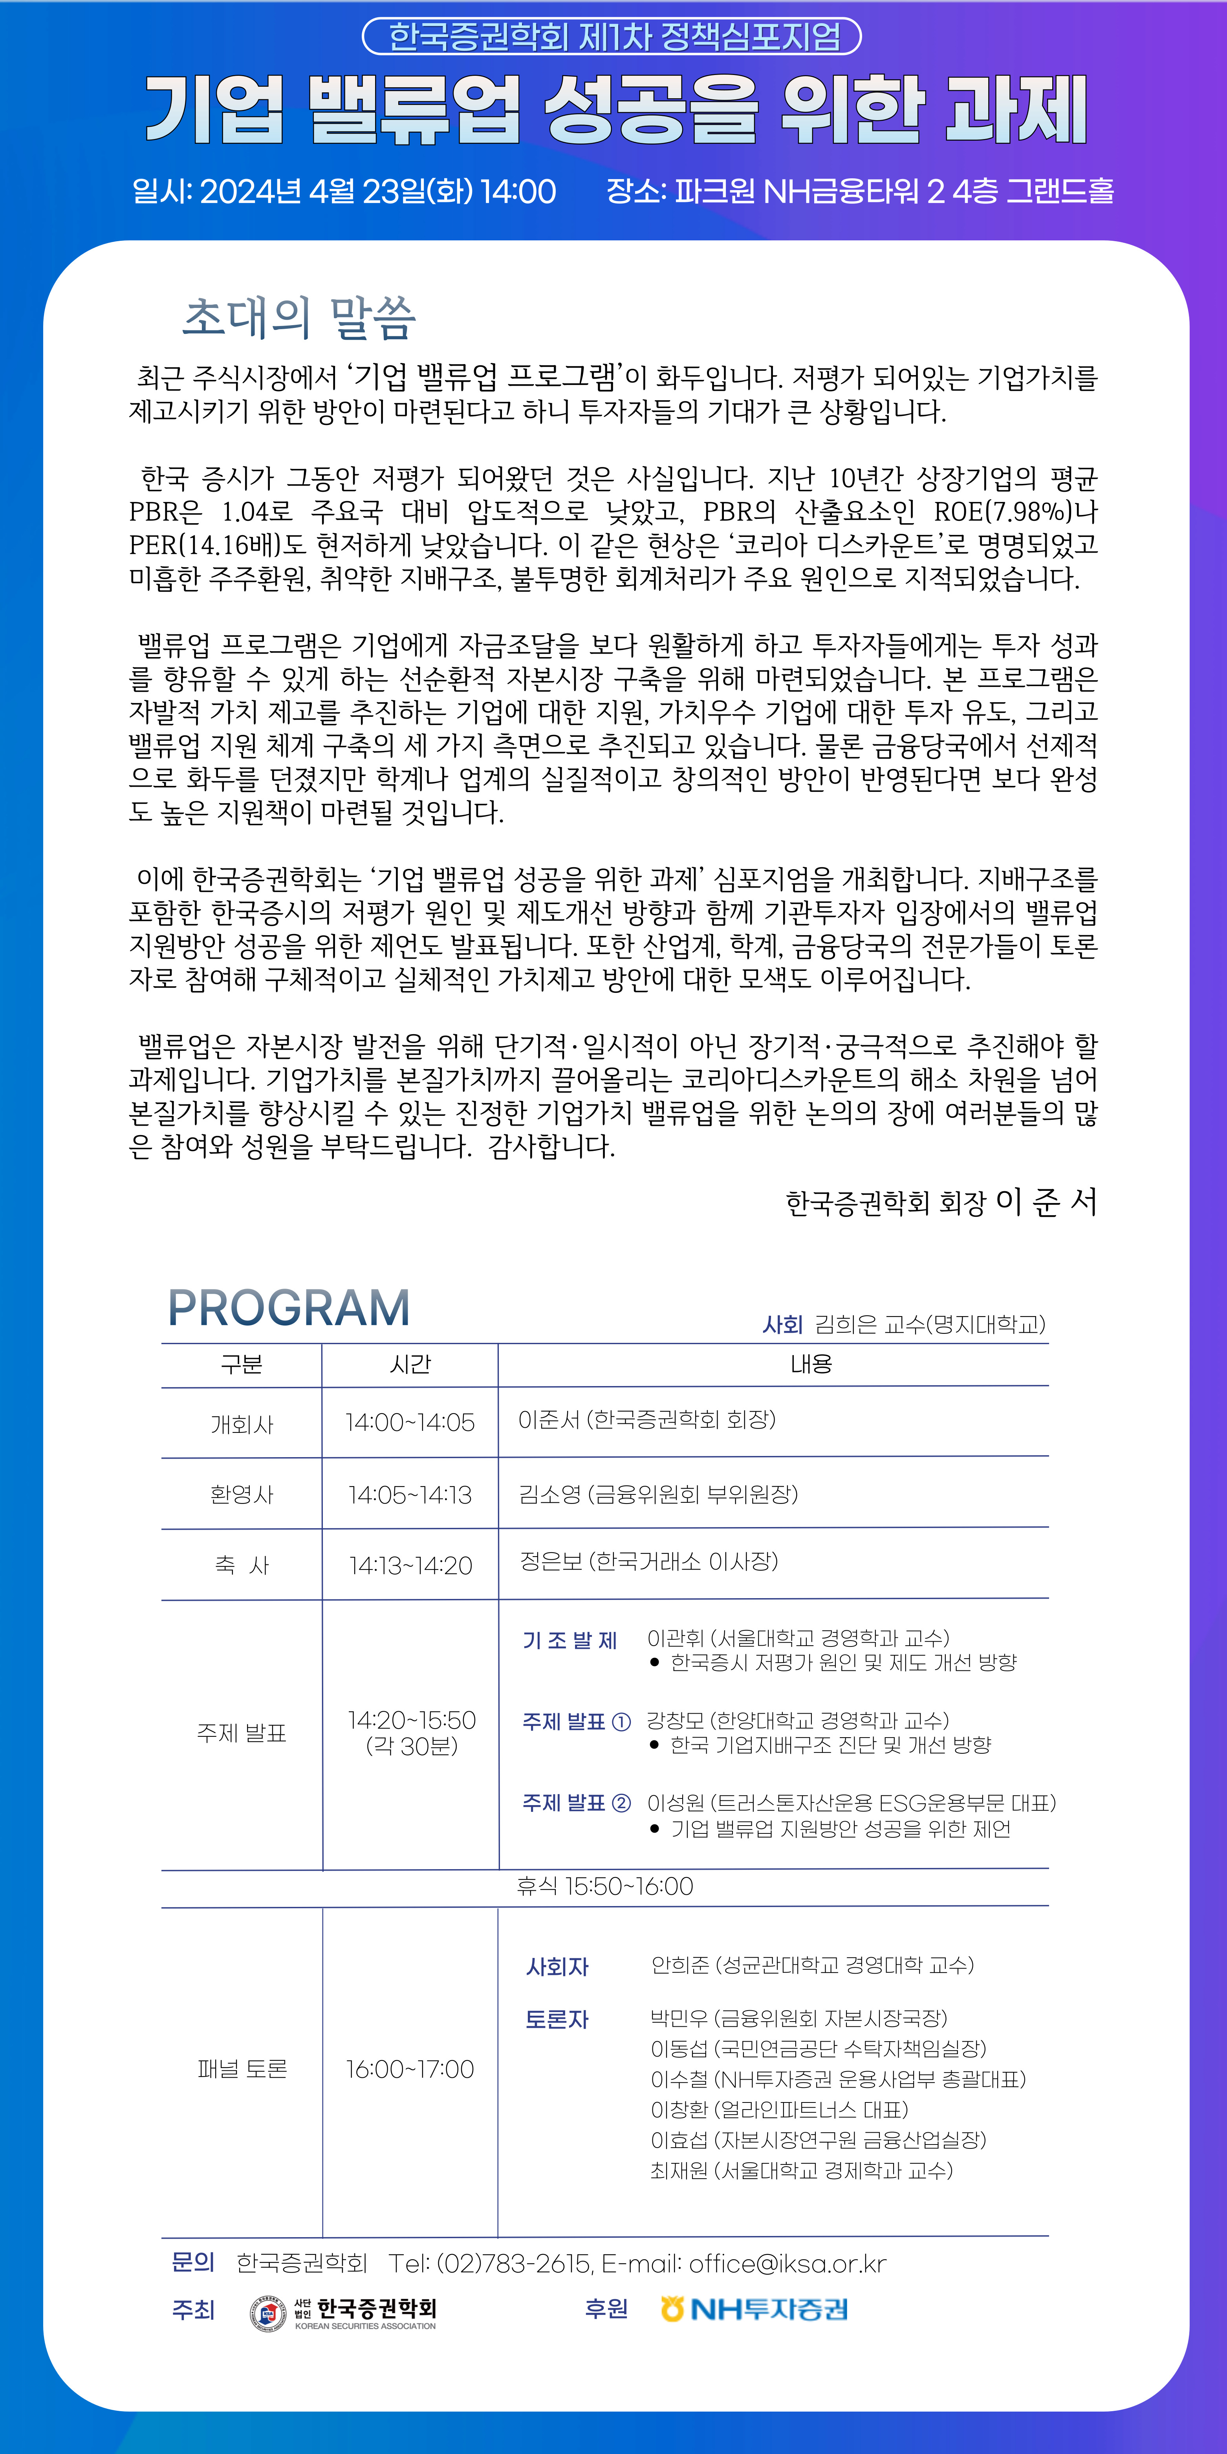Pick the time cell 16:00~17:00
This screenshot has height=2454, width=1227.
[x=410, y=2069]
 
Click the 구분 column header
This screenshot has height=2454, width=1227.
[x=241, y=1364]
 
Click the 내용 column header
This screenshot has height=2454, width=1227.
[x=811, y=1364]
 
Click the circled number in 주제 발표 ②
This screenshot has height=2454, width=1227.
[x=621, y=1802]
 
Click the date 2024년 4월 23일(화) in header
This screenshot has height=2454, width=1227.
[x=336, y=192]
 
